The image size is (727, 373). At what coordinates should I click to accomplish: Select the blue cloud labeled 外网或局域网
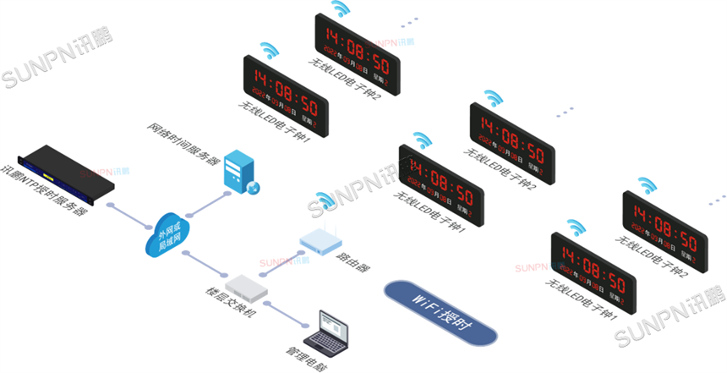point(168,233)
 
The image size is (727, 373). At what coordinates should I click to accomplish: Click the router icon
point(319,242)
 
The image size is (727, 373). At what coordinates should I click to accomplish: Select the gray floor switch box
point(246,285)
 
